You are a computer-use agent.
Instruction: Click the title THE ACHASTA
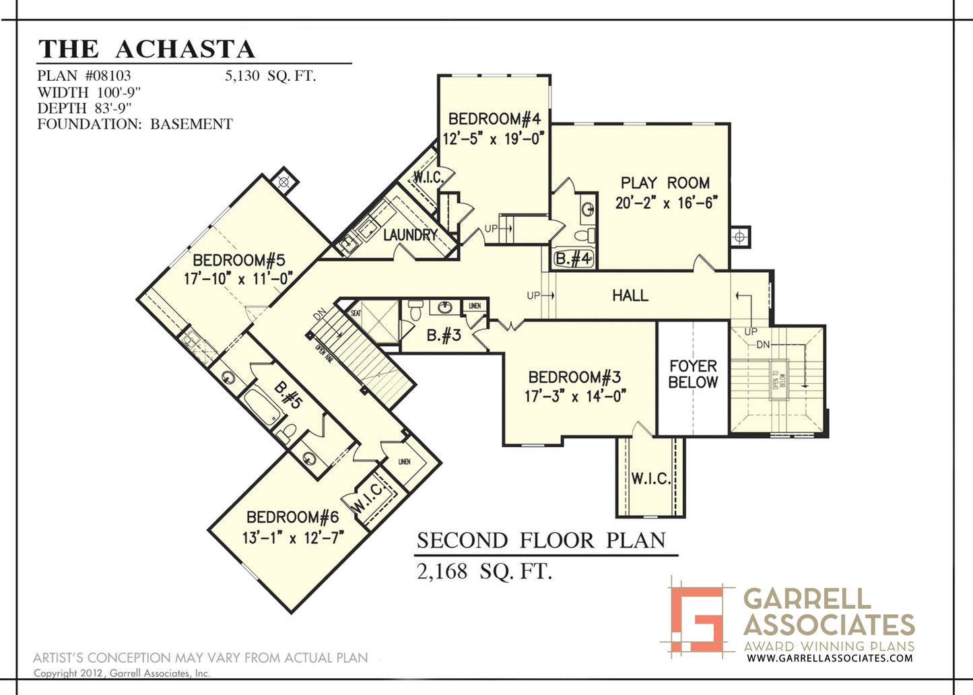click(147, 49)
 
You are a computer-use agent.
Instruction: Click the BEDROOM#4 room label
click(494, 119)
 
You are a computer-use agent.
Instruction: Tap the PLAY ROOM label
click(665, 183)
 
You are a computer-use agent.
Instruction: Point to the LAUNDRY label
click(410, 235)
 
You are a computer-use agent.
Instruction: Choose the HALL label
click(630, 295)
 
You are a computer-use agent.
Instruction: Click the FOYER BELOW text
click(693, 374)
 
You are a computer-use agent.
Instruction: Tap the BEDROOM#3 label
click(574, 377)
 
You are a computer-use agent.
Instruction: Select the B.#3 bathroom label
click(444, 335)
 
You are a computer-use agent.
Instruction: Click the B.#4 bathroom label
click(573, 259)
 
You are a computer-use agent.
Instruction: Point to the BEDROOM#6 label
click(292, 517)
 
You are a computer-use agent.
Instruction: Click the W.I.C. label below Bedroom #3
click(650, 479)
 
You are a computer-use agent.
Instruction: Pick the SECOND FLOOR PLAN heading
click(541, 541)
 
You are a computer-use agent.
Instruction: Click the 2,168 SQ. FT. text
click(484, 572)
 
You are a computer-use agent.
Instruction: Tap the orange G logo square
click(697, 618)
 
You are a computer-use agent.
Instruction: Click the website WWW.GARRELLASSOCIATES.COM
click(830, 658)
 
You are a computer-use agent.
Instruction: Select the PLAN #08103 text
click(84, 75)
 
